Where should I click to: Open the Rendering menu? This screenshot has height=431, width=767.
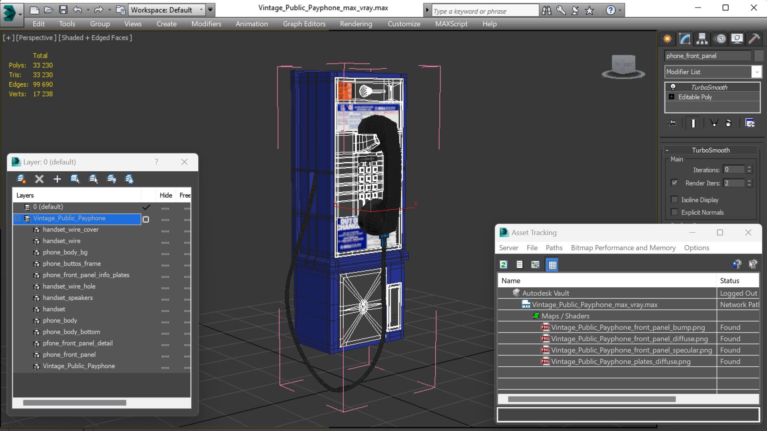pos(356,24)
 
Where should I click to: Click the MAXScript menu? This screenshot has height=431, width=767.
pos(451,24)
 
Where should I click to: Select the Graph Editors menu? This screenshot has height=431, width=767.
pos(304,24)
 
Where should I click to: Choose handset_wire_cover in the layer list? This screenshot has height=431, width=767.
pos(70,229)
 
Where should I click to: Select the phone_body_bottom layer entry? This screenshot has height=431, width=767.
pos(71,332)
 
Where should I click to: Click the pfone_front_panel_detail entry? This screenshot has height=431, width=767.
pos(78,343)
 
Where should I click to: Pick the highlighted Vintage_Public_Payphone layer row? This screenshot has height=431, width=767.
pos(69,218)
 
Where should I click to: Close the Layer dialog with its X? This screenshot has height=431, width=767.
pos(184,162)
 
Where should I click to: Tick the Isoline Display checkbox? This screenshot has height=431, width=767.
pos(674,200)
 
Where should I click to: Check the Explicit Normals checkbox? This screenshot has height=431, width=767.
pos(674,212)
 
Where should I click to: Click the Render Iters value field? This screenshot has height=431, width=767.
pos(734,183)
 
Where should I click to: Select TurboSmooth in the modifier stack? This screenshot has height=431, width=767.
pos(709,87)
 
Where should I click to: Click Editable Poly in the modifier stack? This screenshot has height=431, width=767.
pos(695,97)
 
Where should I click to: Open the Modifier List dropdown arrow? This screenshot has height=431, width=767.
pos(756,72)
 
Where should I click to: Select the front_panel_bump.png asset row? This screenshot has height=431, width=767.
pos(628,327)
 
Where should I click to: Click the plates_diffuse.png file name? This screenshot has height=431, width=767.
pos(620,362)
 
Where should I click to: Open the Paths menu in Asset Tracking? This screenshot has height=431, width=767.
pos(554,248)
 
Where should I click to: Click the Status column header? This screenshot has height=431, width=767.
pos(729,281)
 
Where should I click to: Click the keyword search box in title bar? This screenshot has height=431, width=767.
pos(484,11)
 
